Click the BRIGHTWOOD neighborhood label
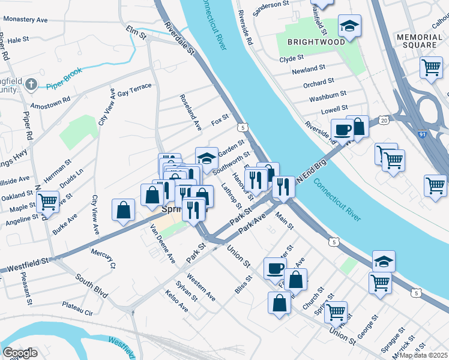point(316,42)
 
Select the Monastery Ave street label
point(25,19)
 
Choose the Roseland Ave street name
point(193,112)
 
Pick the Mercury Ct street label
point(103,260)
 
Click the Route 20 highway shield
point(384,121)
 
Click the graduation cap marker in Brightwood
point(349,26)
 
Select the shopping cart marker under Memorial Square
point(431,68)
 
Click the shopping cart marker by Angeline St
point(47,202)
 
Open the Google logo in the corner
point(20,352)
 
